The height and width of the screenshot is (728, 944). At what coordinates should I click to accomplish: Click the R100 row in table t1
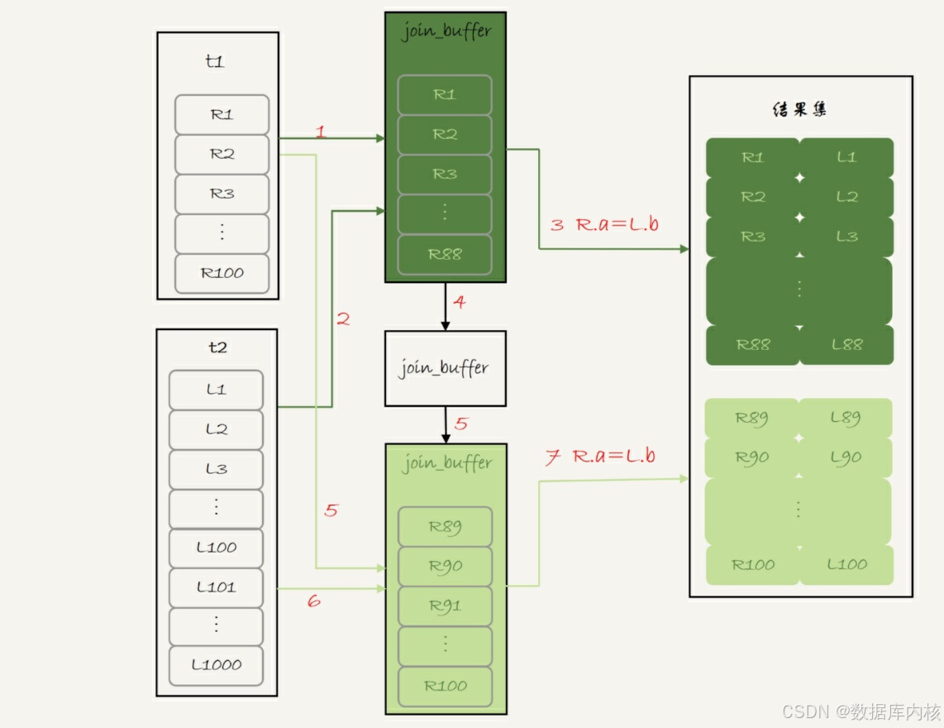[222, 273]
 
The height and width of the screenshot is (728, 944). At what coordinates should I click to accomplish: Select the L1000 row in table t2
[216, 664]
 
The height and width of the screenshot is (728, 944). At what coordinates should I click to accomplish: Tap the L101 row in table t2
[216, 587]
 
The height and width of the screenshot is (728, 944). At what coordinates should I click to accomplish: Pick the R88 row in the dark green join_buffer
[445, 254]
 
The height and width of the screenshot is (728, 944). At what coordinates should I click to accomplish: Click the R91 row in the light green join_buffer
[445, 606]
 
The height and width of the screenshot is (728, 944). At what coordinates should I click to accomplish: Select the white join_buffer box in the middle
[445, 368]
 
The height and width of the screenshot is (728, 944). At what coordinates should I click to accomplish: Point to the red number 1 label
[321, 131]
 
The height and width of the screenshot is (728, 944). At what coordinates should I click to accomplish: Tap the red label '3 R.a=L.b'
[604, 223]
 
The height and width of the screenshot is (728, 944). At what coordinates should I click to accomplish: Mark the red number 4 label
[460, 302]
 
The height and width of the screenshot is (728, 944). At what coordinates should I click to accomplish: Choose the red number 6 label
[313, 601]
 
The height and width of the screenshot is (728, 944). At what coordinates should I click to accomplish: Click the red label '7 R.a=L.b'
[600, 457]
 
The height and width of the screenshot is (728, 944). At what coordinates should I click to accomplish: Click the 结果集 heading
[799, 108]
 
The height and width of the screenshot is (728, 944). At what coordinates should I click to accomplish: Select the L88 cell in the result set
[846, 344]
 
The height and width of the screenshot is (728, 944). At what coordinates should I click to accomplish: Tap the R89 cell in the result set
[752, 418]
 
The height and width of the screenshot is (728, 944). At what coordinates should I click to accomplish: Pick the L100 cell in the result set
[846, 565]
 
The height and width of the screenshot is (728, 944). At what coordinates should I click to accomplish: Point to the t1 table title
[215, 61]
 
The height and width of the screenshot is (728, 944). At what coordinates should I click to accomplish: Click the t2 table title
[217, 347]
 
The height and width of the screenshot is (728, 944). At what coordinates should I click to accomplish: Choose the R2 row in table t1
[222, 154]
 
